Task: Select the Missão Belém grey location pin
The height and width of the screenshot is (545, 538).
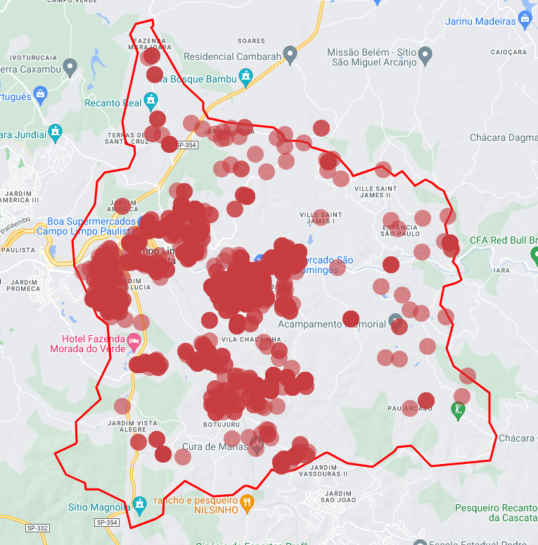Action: tap(425, 54)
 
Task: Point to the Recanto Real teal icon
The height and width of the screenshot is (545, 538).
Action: tap(151, 103)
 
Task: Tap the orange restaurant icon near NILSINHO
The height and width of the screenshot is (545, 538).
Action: tap(247, 502)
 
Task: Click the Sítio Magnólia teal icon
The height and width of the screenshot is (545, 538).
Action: tap(140, 503)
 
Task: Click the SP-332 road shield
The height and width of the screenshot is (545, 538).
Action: tap(37, 527)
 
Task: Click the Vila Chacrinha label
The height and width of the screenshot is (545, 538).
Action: tap(246, 339)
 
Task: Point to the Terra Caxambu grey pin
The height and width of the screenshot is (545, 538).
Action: tap(70, 68)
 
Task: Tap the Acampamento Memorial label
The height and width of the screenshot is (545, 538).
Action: tap(331, 325)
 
